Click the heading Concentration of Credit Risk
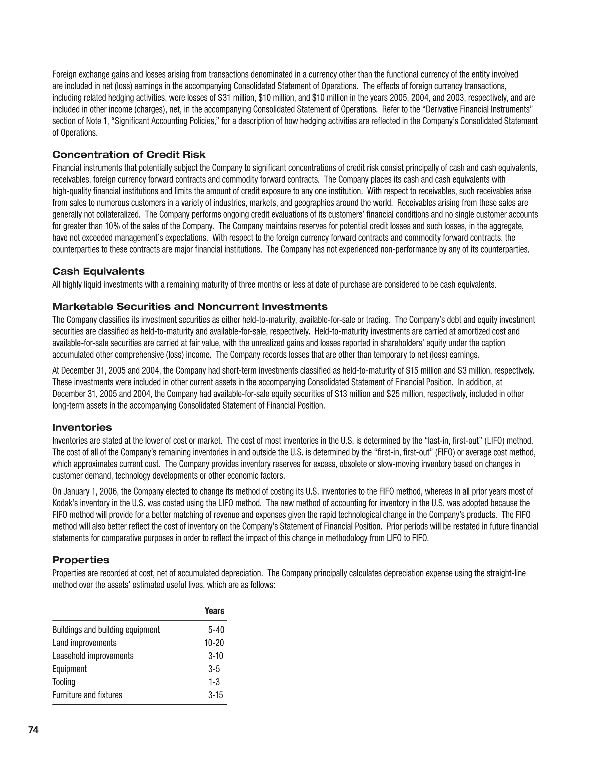click(x=129, y=155)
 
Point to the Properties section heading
click(x=81, y=560)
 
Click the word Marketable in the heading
click(x=83, y=307)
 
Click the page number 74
click(x=33, y=730)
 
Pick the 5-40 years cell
click(x=216, y=629)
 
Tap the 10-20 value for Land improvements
click(x=214, y=643)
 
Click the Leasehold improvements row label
click(x=93, y=656)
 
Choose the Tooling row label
click(x=64, y=682)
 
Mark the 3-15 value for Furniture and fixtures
click(x=215, y=695)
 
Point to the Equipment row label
click(x=70, y=669)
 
